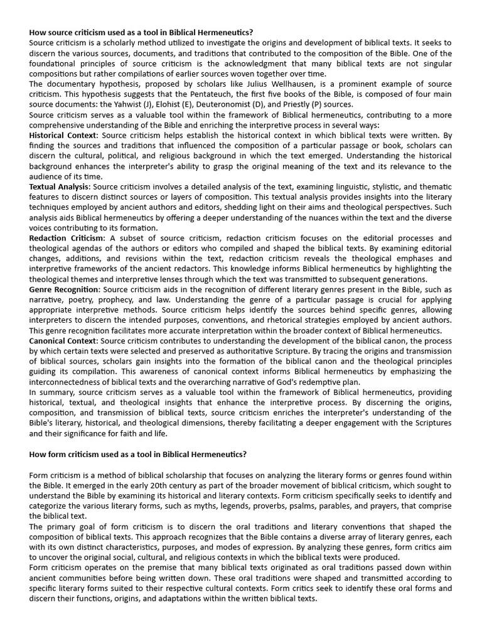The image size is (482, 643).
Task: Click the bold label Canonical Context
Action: (64, 341)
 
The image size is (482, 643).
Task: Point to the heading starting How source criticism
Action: (141, 33)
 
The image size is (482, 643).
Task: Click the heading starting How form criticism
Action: (138, 454)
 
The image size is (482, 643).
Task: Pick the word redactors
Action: (199, 269)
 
